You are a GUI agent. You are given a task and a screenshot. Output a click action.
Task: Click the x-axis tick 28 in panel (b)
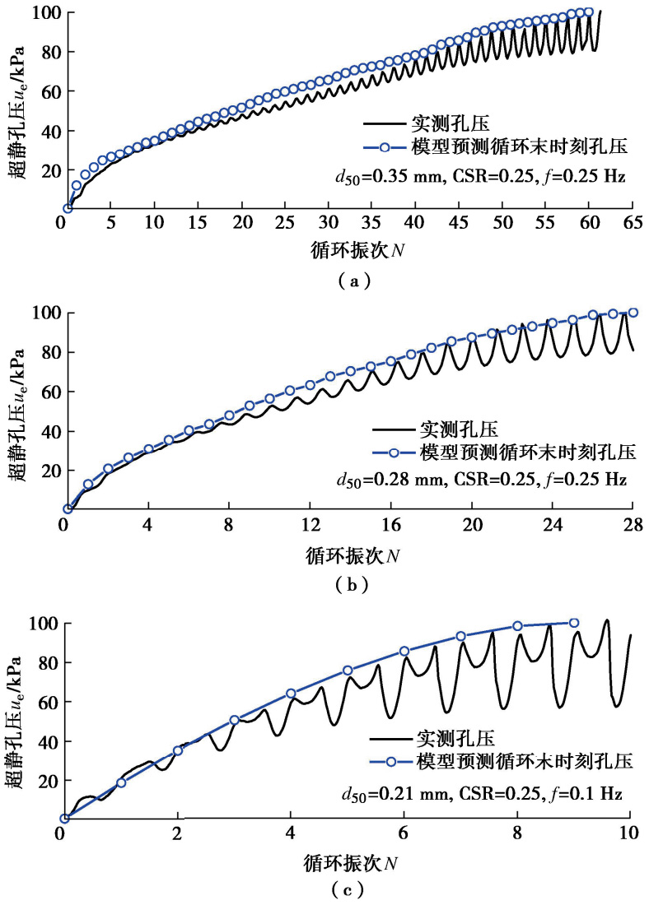[633, 526]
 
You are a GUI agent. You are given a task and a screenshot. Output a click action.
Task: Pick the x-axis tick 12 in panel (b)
[309, 526]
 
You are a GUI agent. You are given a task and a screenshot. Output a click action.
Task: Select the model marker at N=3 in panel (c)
[234, 720]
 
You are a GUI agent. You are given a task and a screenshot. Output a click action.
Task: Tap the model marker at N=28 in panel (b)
[633, 313]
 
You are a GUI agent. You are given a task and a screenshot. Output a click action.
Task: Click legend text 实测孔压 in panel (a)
[451, 125]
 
